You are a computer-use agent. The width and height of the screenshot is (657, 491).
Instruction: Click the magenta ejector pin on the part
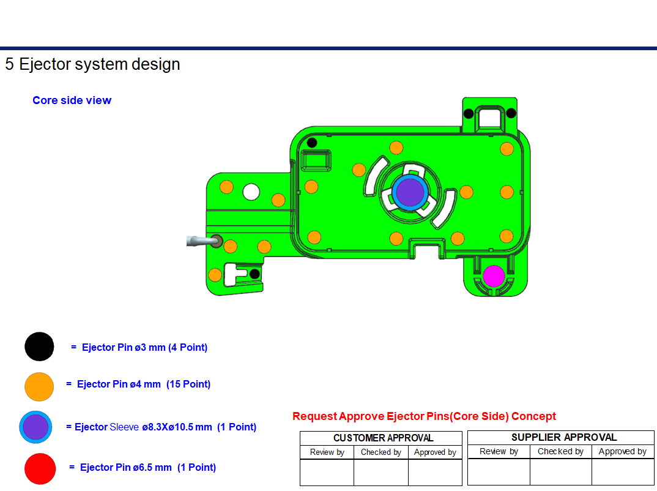pyautogui.click(x=494, y=276)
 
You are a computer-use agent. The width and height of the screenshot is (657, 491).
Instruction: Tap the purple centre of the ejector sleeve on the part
pyautogui.click(x=410, y=192)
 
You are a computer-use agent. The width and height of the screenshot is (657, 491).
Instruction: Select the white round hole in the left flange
pyautogui.click(x=251, y=192)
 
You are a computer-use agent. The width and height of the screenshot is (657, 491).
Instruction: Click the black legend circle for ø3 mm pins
pyautogui.click(x=39, y=347)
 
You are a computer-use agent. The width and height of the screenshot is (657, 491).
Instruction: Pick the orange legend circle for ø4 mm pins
pyautogui.click(x=39, y=386)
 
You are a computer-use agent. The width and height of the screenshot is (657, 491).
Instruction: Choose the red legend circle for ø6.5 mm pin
pyautogui.click(x=40, y=469)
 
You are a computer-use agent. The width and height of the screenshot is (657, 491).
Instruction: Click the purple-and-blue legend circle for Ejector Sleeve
pyautogui.click(x=35, y=427)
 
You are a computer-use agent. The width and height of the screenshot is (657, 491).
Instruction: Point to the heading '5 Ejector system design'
pyautogui.click(x=92, y=64)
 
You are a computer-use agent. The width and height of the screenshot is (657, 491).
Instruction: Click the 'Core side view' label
pyautogui.click(x=72, y=100)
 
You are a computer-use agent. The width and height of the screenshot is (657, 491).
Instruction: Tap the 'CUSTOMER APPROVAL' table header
pyautogui.click(x=384, y=438)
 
